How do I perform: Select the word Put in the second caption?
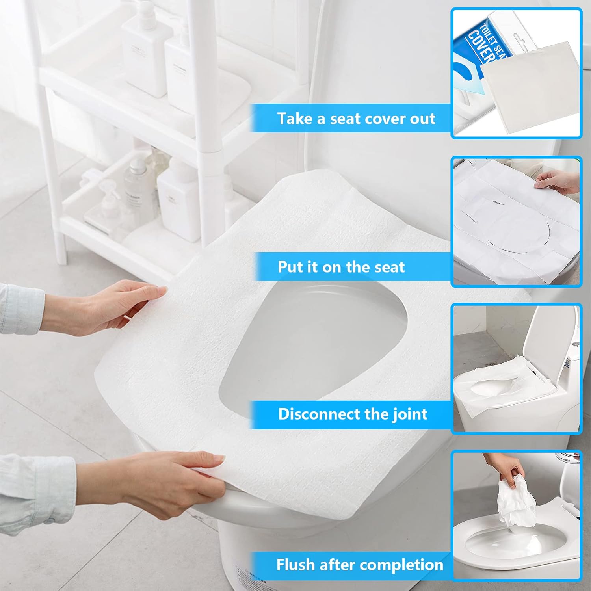click(x=290, y=267)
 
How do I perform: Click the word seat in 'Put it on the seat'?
click(x=389, y=267)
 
